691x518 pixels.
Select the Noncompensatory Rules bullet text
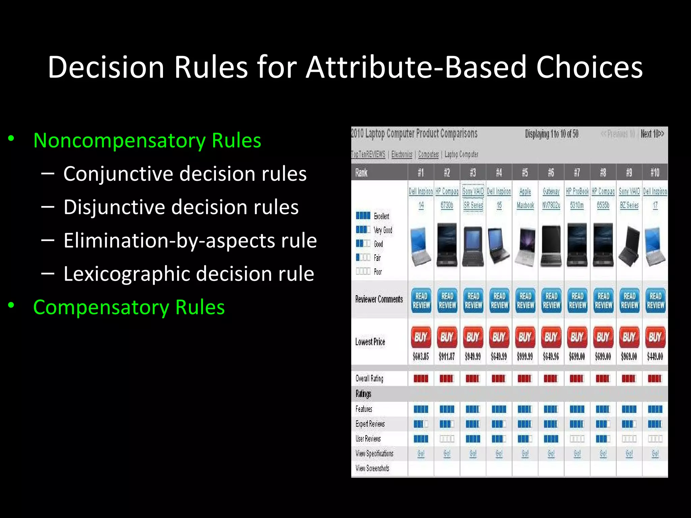(147, 140)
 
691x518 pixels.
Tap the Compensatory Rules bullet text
(129, 307)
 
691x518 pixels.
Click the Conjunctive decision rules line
(185, 174)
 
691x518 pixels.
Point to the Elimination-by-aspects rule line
(190, 240)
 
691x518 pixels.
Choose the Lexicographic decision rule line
(189, 274)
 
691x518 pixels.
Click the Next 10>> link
(652, 134)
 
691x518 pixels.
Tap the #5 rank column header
(525, 173)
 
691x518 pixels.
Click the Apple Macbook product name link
(525, 198)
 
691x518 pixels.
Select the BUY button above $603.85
(421, 337)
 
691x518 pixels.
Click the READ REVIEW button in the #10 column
(655, 300)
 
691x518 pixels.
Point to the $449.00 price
(655, 356)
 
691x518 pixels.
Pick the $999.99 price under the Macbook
(525, 356)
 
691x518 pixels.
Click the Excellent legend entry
(381, 216)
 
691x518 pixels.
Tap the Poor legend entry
(378, 272)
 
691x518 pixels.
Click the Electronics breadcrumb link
(402, 154)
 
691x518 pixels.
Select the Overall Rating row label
(369, 378)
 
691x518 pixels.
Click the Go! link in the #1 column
(421, 454)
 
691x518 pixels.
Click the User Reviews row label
(368, 439)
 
